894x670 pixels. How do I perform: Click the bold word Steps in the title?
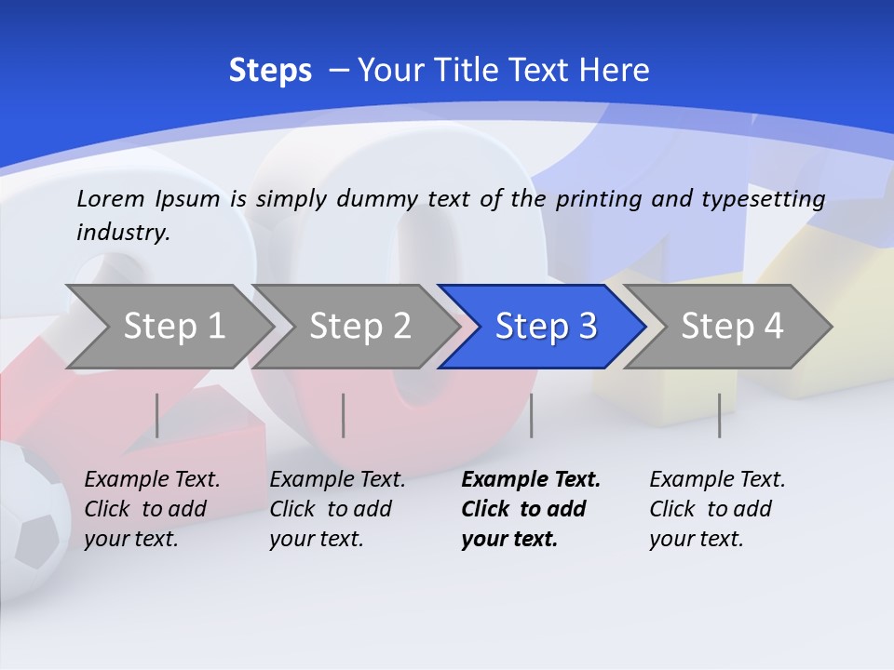pyautogui.click(x=270, y=71)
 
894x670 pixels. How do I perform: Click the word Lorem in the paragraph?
pyautogui.click(x=111, y=198)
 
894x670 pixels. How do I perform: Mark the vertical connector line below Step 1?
pyautogui.click(x=157, y=415)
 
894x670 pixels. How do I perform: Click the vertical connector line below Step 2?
pyautogui.click(x=344, y=415)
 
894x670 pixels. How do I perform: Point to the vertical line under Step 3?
pyautogui.click(x=532, y=415)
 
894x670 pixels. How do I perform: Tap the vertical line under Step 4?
pyautogui.click(x=719, y=415)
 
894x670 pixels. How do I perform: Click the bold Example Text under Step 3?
pyautogui.click(x=531, y=479)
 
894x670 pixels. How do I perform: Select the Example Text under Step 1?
pyautogui.click(x=152, y=479)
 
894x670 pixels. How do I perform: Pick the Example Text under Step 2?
pyautogui.click(x=337, y=479)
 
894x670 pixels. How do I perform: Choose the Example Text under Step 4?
pyautogui.click(x=717, y=479)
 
